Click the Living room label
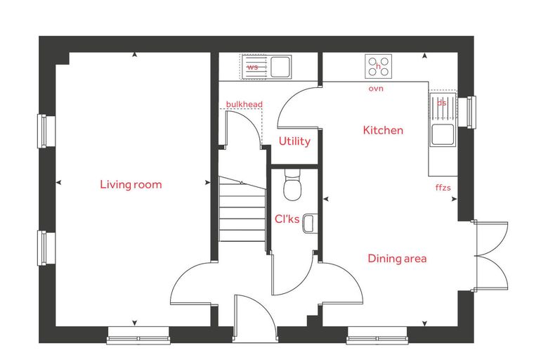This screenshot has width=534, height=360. pyautogui.click(x=131, y=184)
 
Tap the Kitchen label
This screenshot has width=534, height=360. pyautogui.click(x=383, y=130)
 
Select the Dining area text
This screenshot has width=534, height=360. pyautogui.click(x=397, y=259)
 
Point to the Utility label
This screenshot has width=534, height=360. pyautogui.click(x=294, y=141)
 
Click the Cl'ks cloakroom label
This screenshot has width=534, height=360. pyautogui.click(x=287, y=219)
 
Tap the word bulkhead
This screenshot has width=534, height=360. pyautogui.click(x=245, y=104)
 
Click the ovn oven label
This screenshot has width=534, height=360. pyautogui.click(x=376, y=89)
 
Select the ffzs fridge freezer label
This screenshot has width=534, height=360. pyautogui.click(x=443, y=187)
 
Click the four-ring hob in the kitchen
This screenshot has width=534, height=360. pyautogui.click(x=378, y=67)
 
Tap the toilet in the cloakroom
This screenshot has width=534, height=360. pyautogui.click(x=292, y=185)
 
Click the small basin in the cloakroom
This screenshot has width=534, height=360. pyautogui.click(x=309, y=224)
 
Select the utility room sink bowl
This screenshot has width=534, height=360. pyautogui.click(x=280, y=67)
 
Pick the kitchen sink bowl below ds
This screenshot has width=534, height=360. pyautogui.click(x=443, y=134)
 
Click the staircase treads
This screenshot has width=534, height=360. pyautogui.click(x=242, y=209)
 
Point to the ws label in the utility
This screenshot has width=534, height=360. pyautogui.click(x=252, y=67)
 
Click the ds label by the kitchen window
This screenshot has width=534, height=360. pyautogui.click(x=441, y=103)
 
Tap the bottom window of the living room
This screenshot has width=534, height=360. pyautogui.click(x=138, y=335)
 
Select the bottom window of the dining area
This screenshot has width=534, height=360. pyautogui.click(x=377, y=335)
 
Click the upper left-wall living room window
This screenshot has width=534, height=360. pyautogui.click(x=46, y=131)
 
